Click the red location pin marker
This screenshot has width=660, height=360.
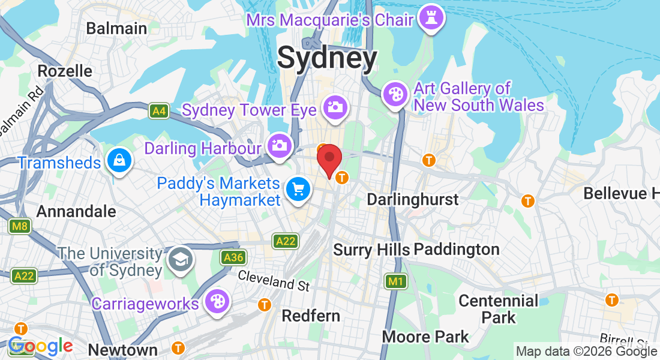coord(329,159)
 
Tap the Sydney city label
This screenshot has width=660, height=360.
coord(327,59)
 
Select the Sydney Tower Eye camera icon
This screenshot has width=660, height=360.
coord(335,108)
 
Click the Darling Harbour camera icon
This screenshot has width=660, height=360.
coord(279,146)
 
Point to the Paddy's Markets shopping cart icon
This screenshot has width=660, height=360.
coord(298,190)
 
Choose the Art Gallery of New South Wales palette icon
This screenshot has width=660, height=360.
coord(395,95)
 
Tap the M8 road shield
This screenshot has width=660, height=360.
coord(20,226)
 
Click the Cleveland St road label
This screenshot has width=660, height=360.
coord(274,280)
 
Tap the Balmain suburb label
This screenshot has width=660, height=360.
coord(116,28)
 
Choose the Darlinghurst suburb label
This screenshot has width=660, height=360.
coord(413,199)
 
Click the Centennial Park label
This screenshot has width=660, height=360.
coord(499,308)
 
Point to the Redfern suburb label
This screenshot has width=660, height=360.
coord(311,316)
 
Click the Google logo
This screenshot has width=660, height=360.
coord(41,346)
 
